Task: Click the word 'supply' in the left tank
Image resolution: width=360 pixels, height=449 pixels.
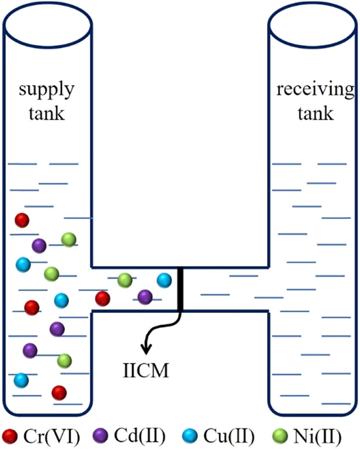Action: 47,91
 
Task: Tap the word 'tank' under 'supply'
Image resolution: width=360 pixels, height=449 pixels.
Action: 47,114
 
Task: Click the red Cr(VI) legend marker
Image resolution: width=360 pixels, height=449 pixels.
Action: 10,436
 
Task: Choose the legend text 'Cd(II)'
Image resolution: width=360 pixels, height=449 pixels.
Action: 139,436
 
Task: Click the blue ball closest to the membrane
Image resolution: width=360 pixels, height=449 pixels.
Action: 164,280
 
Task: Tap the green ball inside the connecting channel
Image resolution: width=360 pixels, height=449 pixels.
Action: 125,279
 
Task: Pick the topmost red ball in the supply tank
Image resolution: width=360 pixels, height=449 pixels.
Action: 22,220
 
